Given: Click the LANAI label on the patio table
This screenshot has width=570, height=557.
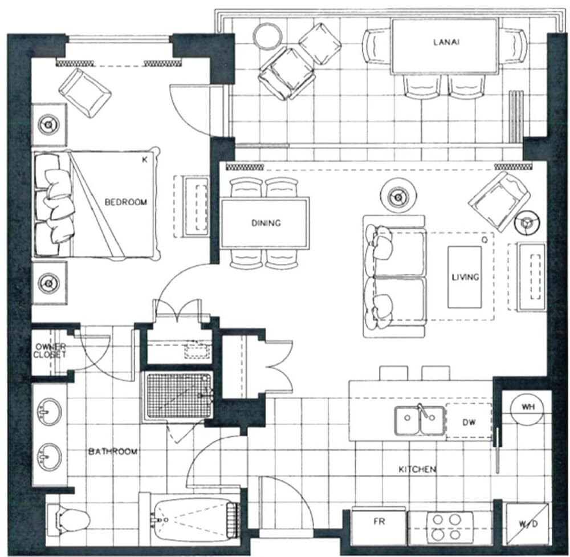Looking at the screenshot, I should coord(445,42).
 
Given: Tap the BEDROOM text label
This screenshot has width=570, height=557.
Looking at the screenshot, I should coord(126,202).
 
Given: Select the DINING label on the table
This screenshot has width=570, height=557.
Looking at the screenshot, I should coord(266,223).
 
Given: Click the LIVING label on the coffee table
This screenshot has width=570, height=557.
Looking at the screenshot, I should coord(465,277).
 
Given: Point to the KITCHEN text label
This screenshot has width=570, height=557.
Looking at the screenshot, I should coord(417,469).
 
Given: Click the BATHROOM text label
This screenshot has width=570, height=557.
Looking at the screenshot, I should coord(113,452).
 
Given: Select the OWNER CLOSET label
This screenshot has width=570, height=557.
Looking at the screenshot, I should coord(51,351).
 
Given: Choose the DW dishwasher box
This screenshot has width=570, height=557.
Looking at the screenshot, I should coord(469,422).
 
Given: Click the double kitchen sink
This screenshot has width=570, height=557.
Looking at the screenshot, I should coord(420,421).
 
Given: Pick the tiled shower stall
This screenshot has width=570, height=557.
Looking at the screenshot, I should coord(177,395).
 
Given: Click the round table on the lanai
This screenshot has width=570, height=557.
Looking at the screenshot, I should coord(267,36).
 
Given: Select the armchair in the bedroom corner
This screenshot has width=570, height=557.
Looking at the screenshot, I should coord(85,92).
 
